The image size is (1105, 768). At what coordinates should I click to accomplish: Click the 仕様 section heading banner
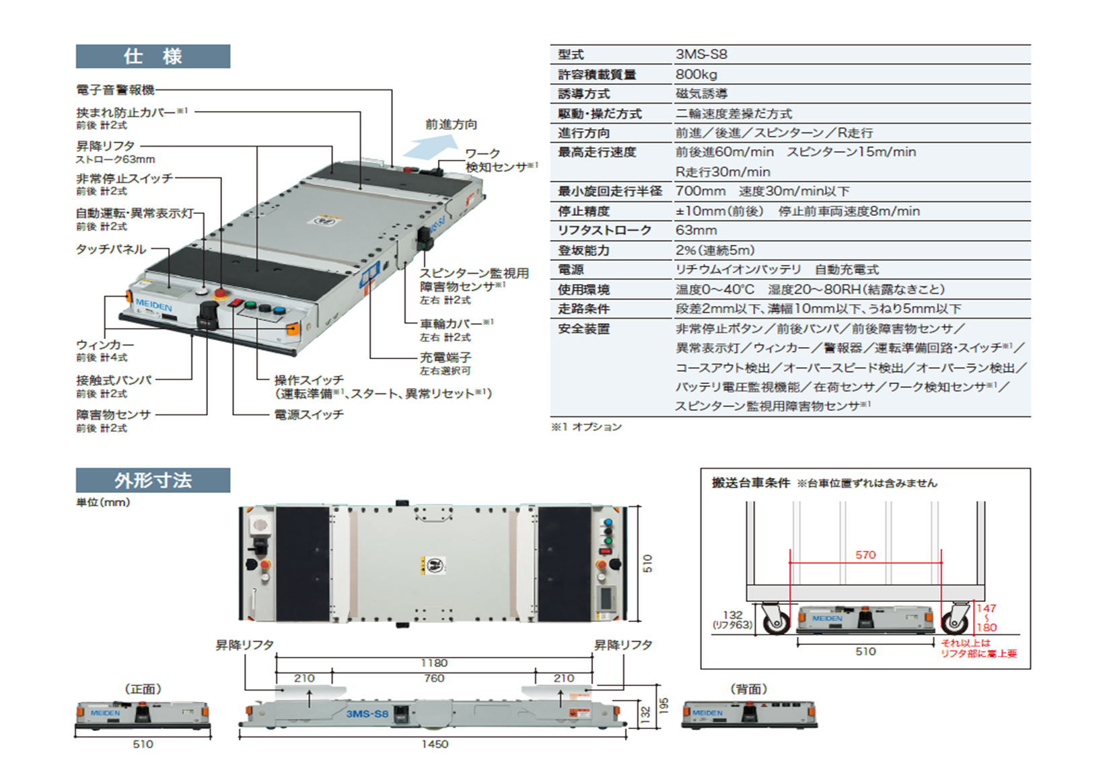pos(153,56)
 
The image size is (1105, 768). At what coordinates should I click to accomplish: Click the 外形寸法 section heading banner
pos(153,480)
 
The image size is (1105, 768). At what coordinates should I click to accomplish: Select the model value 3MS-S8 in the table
pos(701,54)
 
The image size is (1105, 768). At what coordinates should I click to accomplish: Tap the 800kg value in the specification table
pos(697,74)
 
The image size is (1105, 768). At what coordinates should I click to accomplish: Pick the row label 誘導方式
pos(583,93)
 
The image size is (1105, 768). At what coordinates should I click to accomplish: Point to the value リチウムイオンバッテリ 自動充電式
pos(777,270)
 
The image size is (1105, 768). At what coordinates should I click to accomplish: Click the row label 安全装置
pos(583,329)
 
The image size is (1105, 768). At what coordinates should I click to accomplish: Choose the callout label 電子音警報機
pos(115,89)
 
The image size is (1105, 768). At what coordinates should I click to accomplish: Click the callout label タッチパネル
pos(110,249)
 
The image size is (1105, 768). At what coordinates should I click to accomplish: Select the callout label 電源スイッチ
pos(309,414)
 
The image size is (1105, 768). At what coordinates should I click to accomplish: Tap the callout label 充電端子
pos(445,357)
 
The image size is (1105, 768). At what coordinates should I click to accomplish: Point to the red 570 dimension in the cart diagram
pos(865,555)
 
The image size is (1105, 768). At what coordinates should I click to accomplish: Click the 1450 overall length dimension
pos(435,744)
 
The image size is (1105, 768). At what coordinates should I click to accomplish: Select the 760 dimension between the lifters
pos(434,678)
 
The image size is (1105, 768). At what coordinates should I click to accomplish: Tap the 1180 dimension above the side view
pos(434,663)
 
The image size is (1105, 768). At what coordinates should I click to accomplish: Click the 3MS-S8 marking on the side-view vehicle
pos(367,714)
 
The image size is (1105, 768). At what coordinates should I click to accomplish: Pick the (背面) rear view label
pos(748,689)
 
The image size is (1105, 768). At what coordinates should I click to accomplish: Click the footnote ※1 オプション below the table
pos(586,427)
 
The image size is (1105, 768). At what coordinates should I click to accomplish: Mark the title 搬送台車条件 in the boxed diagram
pos(750,483)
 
